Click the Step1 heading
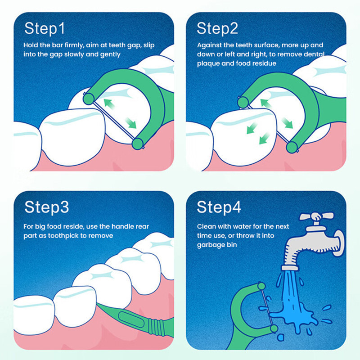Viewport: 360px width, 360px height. (45, 29)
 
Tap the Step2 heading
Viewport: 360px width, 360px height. (217, 29)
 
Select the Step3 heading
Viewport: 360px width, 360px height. (47, 207)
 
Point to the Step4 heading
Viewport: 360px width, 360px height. (219, 207)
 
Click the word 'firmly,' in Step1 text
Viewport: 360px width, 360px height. (74, 45)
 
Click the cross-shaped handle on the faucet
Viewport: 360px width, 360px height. (316, 217)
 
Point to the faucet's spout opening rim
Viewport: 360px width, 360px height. (290, 268)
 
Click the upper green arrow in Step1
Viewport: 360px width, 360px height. (109, 104)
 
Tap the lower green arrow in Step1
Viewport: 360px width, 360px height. (131, 123)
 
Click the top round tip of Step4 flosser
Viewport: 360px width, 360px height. (261, 286)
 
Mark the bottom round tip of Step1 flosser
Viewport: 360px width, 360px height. (138, 144)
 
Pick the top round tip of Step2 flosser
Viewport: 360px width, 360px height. (243, 102)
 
